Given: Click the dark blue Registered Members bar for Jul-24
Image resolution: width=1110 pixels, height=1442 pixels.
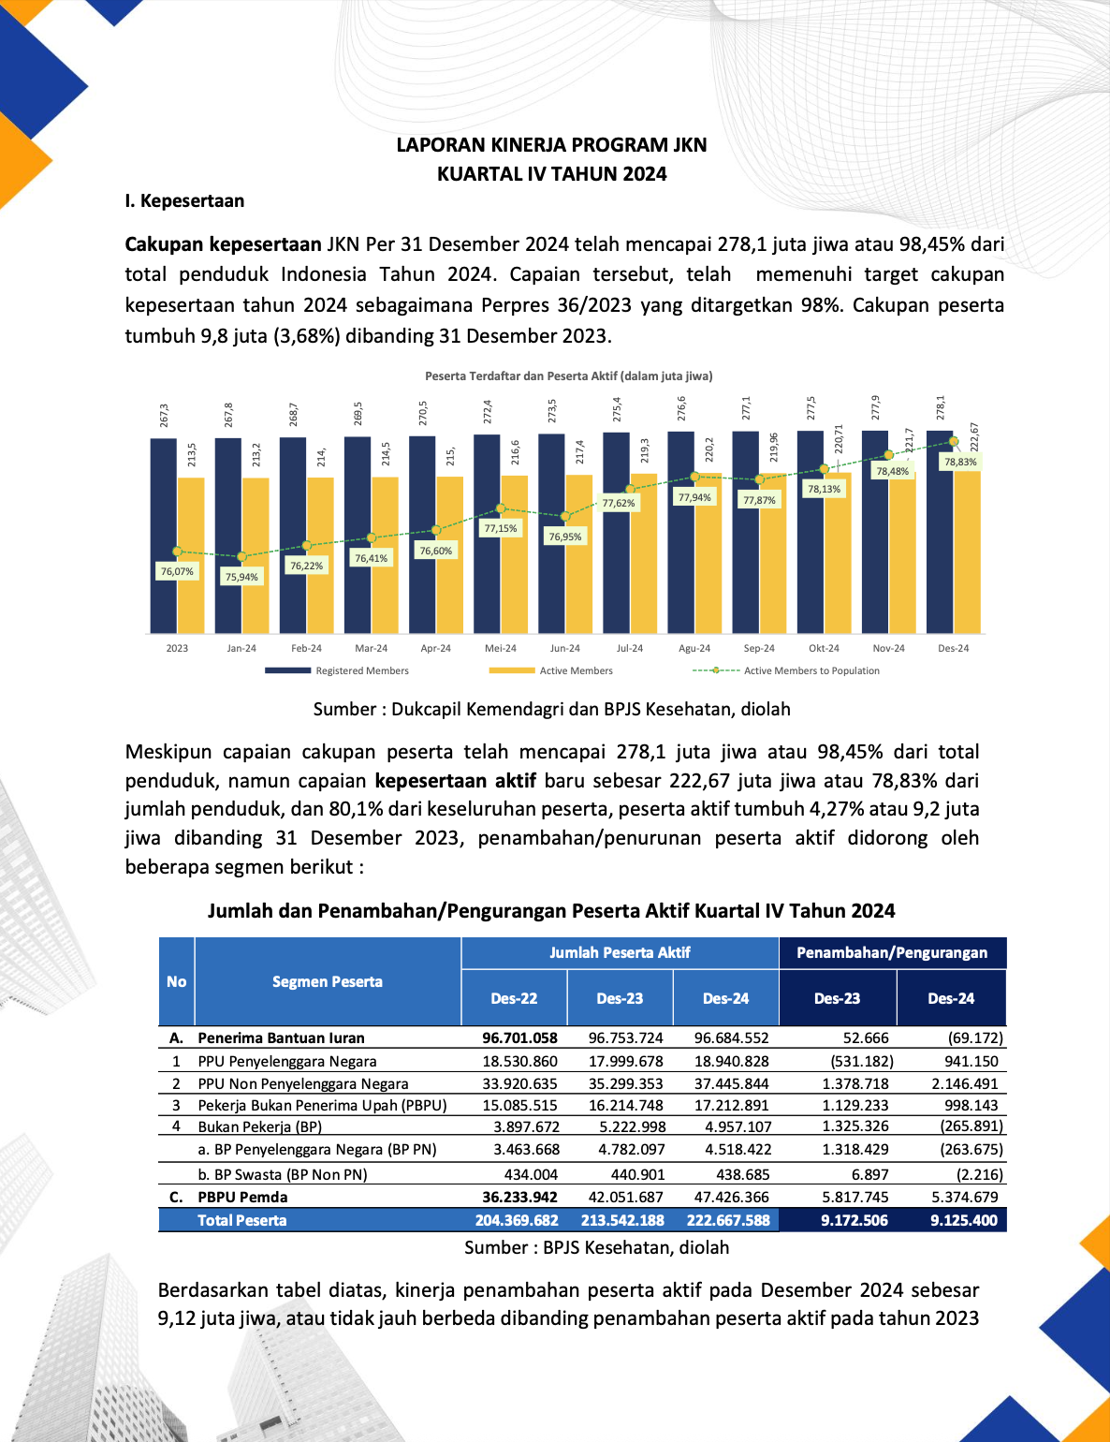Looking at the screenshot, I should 617,534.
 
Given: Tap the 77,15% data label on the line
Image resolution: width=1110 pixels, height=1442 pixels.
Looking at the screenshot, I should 501,528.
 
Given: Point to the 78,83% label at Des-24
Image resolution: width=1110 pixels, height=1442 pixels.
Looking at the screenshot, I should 960,462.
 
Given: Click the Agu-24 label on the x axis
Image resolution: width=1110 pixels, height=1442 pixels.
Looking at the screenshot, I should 694,648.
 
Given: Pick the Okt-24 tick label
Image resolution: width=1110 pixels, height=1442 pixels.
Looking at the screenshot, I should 824,648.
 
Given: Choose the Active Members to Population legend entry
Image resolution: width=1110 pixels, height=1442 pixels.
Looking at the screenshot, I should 811,670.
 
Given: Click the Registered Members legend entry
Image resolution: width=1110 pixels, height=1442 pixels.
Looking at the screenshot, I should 361,670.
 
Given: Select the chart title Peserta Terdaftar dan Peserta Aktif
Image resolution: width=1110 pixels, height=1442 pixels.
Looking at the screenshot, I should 569,375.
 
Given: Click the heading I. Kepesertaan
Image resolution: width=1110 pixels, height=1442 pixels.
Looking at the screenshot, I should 184,200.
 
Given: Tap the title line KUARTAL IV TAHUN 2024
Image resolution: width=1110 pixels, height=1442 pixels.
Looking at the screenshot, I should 552,173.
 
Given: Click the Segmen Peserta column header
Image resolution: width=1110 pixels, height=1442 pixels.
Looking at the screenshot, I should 328,981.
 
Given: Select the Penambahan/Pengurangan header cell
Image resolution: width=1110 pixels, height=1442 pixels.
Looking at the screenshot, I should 892,952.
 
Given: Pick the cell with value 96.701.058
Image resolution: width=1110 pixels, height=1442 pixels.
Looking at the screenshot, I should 519,1037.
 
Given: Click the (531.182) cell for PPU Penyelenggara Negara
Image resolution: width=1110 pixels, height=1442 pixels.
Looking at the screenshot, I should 862,1061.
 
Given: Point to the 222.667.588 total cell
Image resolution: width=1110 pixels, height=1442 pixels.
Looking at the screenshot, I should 728,1220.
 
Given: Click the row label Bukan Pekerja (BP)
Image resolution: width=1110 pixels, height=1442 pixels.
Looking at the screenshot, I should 259,1126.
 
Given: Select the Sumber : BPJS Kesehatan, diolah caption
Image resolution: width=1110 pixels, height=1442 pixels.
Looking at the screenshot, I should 596,1247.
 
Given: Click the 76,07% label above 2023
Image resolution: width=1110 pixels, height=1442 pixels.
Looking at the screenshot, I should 177,571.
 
